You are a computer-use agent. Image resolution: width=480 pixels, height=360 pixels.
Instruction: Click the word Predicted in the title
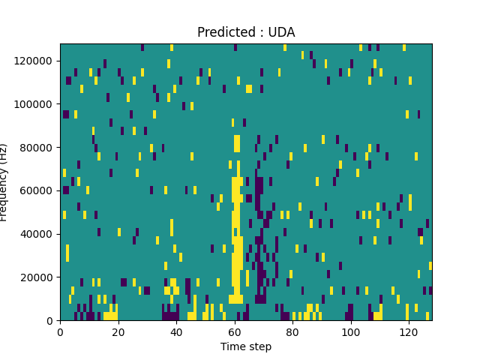point(224,32)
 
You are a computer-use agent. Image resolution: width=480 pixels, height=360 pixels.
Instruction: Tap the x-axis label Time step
point(246,346)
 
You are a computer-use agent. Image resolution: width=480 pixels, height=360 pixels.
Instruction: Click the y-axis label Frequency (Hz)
point(5,182)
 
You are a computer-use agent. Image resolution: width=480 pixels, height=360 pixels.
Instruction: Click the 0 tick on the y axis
point(50,320)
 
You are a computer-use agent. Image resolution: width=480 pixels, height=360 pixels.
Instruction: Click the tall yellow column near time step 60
point(237,225)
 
